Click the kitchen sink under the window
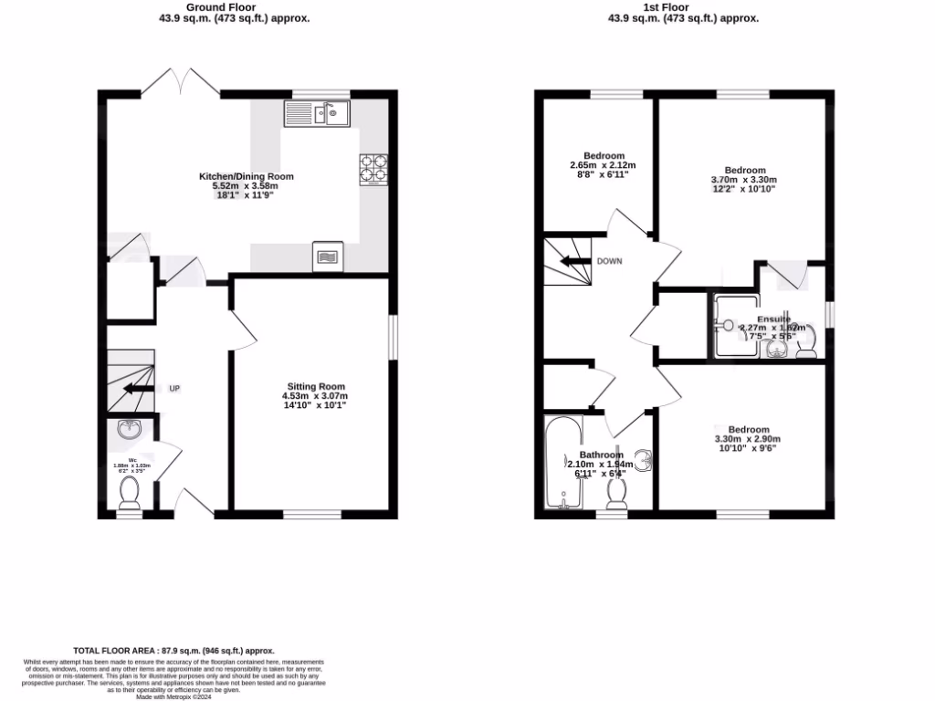(316, 113)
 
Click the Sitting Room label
(313, 386)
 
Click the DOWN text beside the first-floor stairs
(609, 260)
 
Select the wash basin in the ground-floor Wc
(128, 430)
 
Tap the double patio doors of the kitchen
(186, 83)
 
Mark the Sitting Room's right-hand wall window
(394, 338)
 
